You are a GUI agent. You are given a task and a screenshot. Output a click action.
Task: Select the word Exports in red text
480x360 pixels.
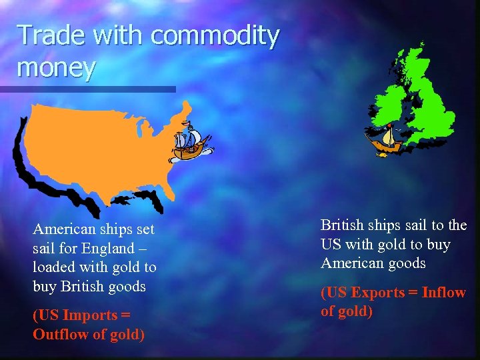pyautogui.click(x=379, y=293)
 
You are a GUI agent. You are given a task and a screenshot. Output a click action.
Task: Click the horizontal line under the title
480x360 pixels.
pyautogui.click(x=87, y=89)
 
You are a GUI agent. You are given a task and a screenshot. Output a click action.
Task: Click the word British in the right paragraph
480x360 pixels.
pyautogui.click(x=343, y=225)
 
